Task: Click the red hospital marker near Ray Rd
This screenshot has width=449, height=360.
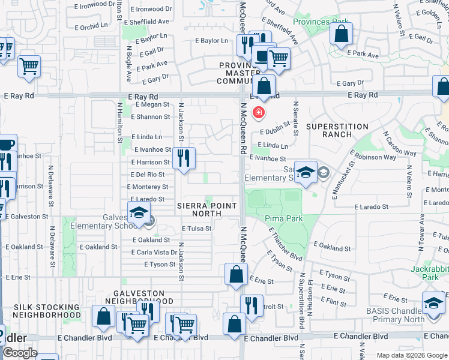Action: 259,112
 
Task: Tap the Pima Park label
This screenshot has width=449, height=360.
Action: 284,219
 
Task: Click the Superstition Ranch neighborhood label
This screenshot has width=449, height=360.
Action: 337,131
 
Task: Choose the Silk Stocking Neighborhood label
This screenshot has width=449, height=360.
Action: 46,311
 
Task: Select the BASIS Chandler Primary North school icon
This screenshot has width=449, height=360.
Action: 433,302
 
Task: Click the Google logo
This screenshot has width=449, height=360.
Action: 20,353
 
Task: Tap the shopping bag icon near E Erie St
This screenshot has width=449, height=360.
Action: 236,274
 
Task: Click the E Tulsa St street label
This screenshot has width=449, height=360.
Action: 196,229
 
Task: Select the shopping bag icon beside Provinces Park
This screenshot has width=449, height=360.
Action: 341,35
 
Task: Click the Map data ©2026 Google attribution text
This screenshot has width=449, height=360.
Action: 412,355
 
